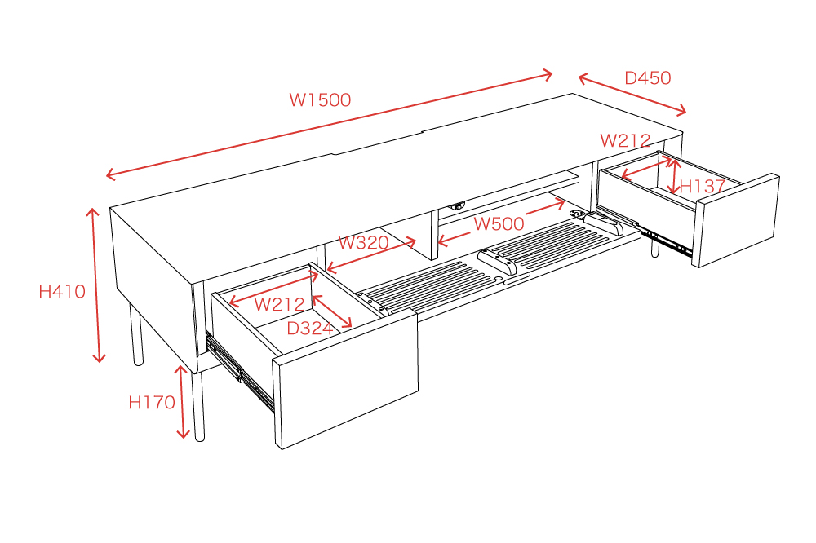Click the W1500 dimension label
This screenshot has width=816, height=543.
320,99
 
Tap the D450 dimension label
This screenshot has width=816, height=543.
647,78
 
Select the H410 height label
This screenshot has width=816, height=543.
62,291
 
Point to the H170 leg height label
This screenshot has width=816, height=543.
152,402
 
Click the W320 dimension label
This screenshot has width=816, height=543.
363,242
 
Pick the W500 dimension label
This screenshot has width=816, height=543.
499,223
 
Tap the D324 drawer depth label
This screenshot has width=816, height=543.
309,329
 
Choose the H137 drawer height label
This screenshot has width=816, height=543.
703,186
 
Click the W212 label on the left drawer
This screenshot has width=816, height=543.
279,304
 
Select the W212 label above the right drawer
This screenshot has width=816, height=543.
625,140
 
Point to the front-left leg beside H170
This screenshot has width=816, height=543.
197,406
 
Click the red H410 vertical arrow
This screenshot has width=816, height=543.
95,285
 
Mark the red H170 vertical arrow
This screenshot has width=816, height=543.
182,401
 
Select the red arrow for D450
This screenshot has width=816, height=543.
632,94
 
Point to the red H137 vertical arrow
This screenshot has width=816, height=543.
675,176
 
